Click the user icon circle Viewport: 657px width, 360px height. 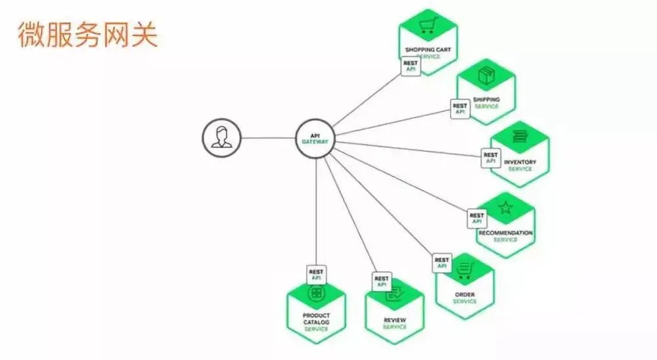[x=221, y=139]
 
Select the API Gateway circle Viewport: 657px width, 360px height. [x=315, y=139]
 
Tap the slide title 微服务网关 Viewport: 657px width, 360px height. [x=87, y=35]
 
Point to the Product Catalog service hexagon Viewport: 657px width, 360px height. [x=317, y=311]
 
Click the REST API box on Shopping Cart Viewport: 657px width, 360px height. [x=411, y=66]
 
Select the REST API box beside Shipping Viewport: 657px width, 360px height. [x=460, y=108]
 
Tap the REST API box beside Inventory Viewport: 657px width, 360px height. [x=491, y=158]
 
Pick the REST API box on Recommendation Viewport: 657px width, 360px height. [x=477, y=219]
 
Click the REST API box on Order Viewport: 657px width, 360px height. [x=442, y=263]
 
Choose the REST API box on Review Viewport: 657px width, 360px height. [x=382, y=282]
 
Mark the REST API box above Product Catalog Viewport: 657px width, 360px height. [x=317, y=274]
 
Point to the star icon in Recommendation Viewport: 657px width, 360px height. [x=505, y=208]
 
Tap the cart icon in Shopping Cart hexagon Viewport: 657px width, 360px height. [x=429, y=25]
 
